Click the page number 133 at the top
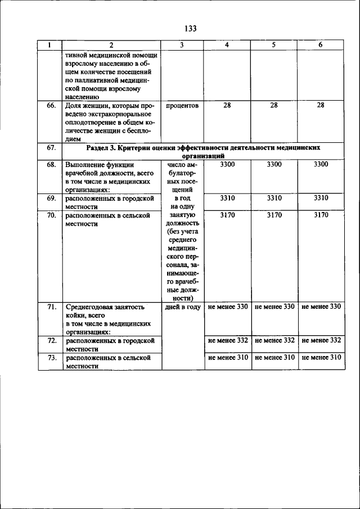[189, 29]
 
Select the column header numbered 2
[111, 45]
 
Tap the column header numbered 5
[273, 45]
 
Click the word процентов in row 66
[182, 105]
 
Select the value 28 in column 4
[227, 105]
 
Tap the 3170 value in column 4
[227, 215]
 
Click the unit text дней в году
[183, 307]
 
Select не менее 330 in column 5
[274, 307]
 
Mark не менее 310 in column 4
[227, 357]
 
